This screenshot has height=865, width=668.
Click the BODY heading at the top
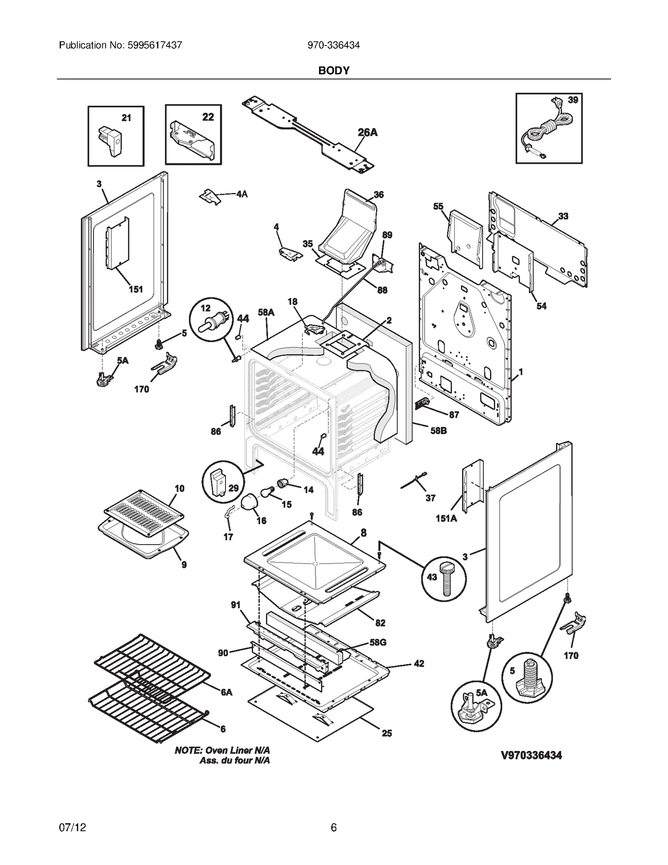click(x=334, y=70)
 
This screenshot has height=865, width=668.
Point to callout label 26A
click(x=367, y=132)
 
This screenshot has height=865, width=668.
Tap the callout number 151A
click(x=446, y=518)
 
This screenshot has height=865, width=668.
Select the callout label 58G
click(x=377, y=642)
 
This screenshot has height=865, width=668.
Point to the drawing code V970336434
click(x=531, y=755)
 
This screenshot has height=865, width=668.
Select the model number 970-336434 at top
click(x=334, y=45)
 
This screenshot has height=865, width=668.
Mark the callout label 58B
click(x=438, y=430)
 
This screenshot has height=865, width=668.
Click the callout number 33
click(x=563, y=216)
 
